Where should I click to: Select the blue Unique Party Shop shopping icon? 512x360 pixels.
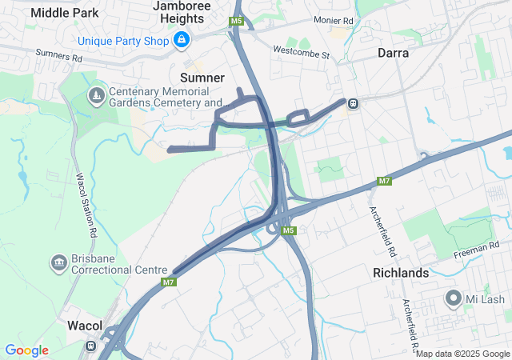[182, 38]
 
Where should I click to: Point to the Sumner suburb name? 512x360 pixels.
[202, 78]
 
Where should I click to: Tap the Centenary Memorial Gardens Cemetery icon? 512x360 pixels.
[96, 96]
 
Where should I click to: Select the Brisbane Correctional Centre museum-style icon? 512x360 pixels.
[58, 262]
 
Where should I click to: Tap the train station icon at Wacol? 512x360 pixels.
[91, 347]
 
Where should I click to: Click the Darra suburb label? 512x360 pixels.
[393, 54]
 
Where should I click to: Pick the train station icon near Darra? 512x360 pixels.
[352, 102]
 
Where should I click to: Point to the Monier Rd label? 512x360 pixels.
[311, 19]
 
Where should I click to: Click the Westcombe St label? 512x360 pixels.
[302, 55]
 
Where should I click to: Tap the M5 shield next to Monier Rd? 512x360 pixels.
[236, 20]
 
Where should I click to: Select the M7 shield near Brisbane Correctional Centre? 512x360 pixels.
[169, 282]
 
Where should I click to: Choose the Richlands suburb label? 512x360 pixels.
[401, 273]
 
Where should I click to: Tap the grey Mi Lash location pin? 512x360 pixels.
[454, 299]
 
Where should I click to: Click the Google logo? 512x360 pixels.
[26, 350]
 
